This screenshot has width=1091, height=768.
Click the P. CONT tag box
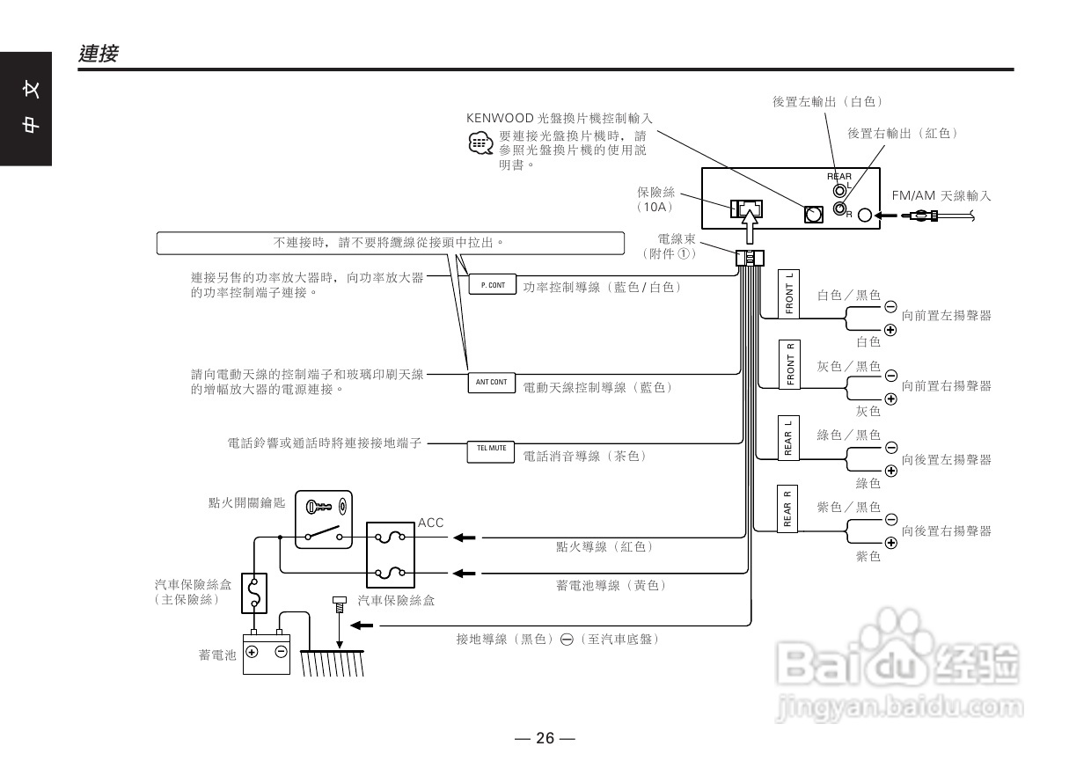[x=493, y=284]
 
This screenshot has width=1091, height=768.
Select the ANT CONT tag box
[x=492, y=383]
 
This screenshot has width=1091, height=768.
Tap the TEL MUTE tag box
[x=491, y=452]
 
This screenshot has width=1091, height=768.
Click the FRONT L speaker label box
[x=788, y=294]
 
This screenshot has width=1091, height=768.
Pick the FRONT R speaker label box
[x=789, y=364]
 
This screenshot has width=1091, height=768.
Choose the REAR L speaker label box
[x=788, y=438]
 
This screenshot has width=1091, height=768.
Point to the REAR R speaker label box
[x=787, y=508]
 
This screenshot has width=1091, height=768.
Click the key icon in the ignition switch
[x=319, y=508]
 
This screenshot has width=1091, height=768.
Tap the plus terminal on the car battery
[x=252, y=652]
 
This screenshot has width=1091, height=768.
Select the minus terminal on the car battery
[x=281, y=652]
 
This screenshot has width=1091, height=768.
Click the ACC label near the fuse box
[x=430, y=523]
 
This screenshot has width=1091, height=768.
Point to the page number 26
[x=545, y=738]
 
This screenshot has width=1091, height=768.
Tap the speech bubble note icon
[x=480, y=143]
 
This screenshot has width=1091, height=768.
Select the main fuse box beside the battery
[x=254, y=593]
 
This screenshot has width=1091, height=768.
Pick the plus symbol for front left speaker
[x=890, y=330]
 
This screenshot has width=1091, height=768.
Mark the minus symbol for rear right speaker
[x=890, y=520]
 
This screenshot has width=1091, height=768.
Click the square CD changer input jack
[x=813, y=215]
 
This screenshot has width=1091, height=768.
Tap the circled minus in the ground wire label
[x=567, y=640]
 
